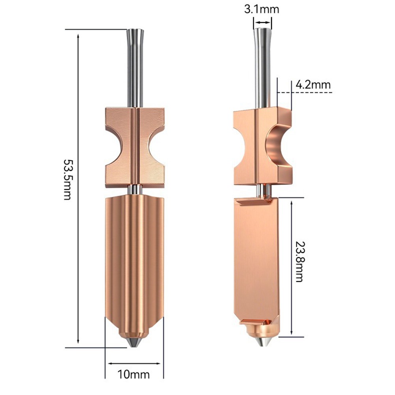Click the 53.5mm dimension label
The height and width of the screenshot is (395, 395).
[x=67, y=179]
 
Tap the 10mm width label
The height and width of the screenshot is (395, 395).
[x=133, y=374]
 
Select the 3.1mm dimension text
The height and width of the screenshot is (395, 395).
[x=262, y=9]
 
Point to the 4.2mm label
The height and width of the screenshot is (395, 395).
[x=313, y=84]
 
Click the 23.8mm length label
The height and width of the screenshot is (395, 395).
[x=299, y=262]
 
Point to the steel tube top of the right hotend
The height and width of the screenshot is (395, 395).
[x=262, y=67]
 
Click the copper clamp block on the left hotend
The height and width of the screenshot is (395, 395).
[x=135, y=147]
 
